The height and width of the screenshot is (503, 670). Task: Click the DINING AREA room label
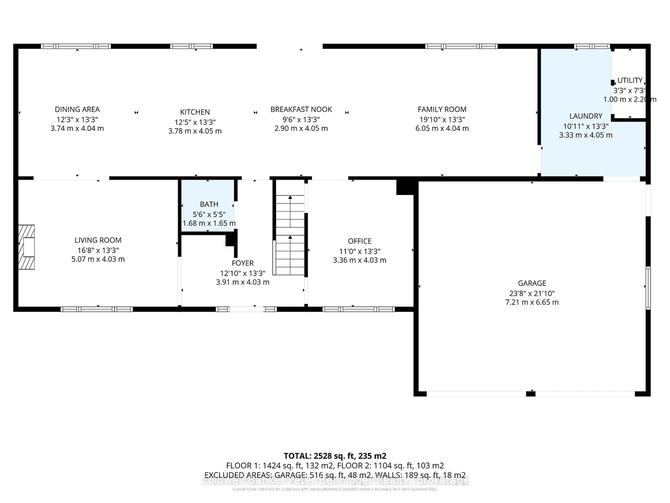click(x=77, y=110)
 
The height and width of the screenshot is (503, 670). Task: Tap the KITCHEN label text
click(x=195, y=112)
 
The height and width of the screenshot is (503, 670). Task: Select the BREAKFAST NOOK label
click(x=301, y=110)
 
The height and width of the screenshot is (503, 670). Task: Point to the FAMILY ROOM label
click(x=442, y=110)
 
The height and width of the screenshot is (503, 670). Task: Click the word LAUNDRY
click(x=586, y=116)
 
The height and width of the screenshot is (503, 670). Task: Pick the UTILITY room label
click(x=630, y=80)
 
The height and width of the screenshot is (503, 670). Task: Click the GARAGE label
click(x=532, y=283)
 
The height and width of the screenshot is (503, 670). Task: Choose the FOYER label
click(x=243, y=263)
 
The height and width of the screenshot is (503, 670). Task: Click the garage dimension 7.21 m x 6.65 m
click(x=532, y=302)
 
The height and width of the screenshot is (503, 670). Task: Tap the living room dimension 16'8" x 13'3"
click(x=98, y=250)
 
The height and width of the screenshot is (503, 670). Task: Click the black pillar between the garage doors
click(x=530, y=394)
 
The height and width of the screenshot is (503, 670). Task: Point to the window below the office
click(x=358, y=309)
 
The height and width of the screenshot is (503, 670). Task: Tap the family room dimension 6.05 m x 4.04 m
click(x=442, y=129)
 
